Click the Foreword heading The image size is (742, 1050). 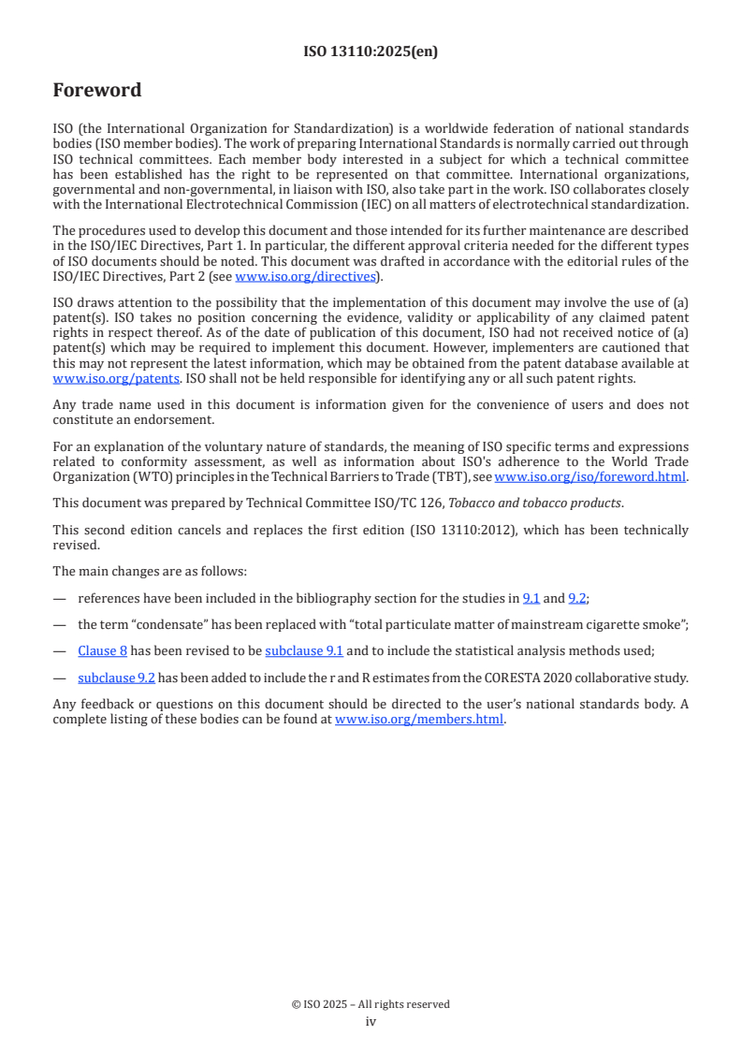97,91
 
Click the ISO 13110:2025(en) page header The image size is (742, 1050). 371,51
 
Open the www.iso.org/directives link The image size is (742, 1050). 305,276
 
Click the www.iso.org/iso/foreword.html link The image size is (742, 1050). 590,476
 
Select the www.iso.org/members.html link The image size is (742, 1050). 419,720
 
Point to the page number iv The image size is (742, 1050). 371,1021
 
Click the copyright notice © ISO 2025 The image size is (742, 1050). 371,1004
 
